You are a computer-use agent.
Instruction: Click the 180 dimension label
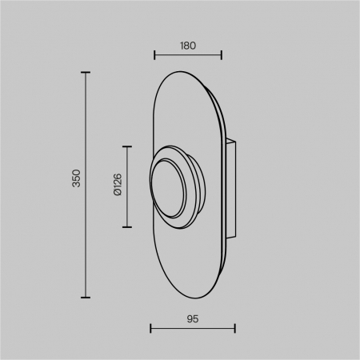click(x=188, y=46)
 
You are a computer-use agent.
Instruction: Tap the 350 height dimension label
click(x=76, y=178)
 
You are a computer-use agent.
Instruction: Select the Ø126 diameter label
click(x=117, y=186)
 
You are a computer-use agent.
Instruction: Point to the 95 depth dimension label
click(x=192, y=318)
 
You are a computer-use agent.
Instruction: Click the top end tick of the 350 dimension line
click(x=86, y=73)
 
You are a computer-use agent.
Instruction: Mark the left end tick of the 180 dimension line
click(x=154, y=56)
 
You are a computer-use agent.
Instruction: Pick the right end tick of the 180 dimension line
click(x=222, y=56)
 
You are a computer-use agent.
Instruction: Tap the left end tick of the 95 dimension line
click(x=151, y=328)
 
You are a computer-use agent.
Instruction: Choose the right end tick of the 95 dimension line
click(x=234, y=328)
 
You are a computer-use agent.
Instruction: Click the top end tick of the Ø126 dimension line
click(x=126, y=147)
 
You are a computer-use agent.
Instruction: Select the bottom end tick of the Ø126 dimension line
click(x=126, y=226)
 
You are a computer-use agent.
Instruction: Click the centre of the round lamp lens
click(x=169, y=188)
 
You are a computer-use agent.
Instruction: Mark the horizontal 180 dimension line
click(x=188, y=56)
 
